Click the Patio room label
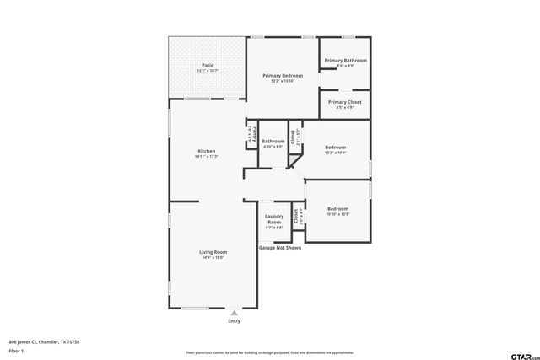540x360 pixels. click(x=207, y=65)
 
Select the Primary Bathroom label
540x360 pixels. click(x=345, y=61)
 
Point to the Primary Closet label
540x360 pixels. click(x=344, y=102)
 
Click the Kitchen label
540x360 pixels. click(x=207, y=151)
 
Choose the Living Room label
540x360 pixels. click(x=213, y=252)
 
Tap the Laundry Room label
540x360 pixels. click(x=274, y=219)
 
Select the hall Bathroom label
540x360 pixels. click(x=273, y=141)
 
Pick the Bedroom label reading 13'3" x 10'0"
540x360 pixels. click(x=336, y=148)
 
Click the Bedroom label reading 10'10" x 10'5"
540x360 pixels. click(x=337, y=208)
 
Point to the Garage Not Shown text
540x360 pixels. click(x=279, y=248)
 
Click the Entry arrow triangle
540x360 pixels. click(x=234, y=313)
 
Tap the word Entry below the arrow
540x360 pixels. click(x=234, y=321)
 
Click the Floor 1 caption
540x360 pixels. click(x=15, y=349)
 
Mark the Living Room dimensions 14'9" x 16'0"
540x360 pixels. click(x=213, y=257)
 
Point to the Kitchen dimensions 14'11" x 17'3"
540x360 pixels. click(x=207, y=157)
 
